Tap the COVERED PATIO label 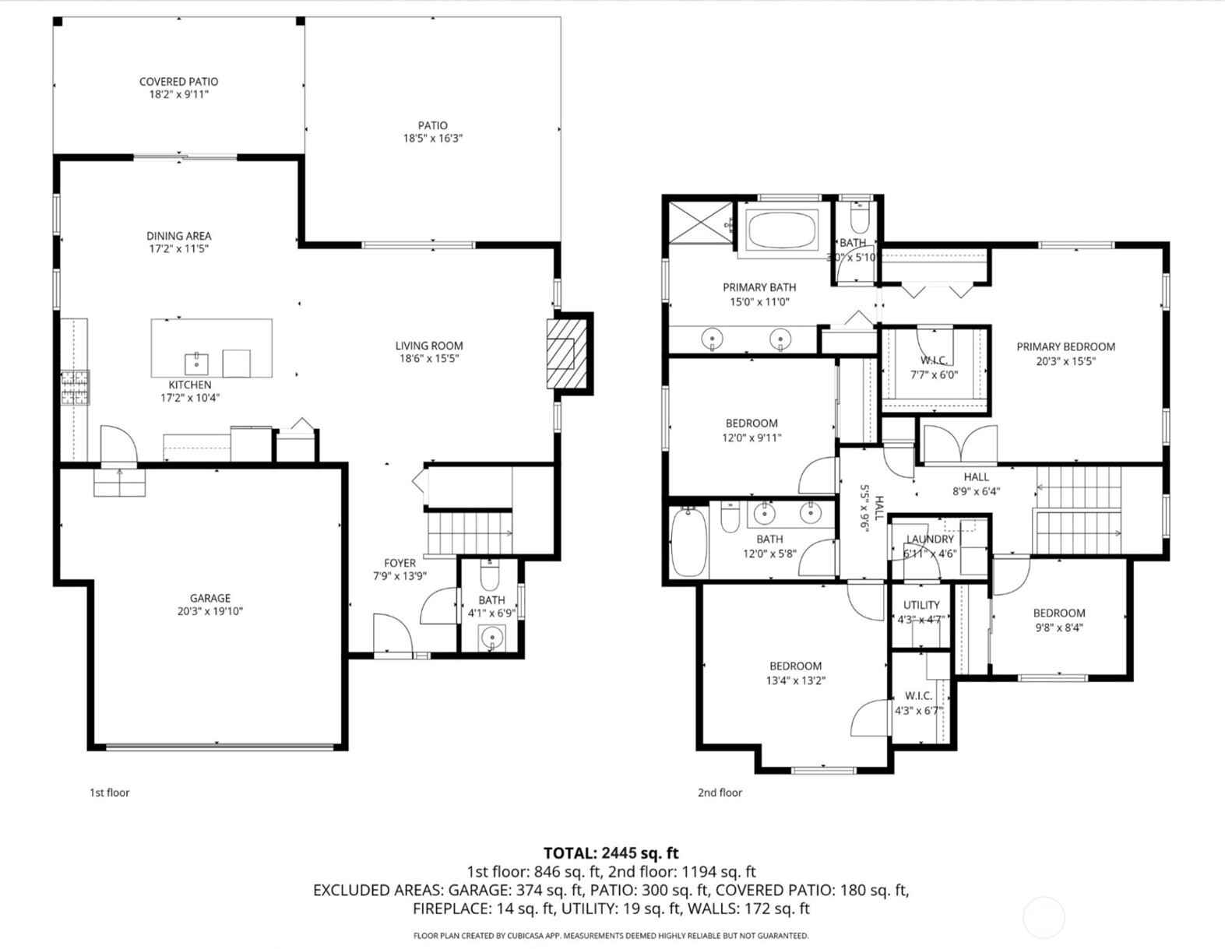point(178,82)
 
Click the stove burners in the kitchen point(76,387)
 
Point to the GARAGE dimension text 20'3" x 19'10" point(209,611)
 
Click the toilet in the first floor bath point(489,577)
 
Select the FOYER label point(400,563)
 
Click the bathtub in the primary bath point(782,230)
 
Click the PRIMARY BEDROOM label point(1065,346)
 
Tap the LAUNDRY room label point(930,539)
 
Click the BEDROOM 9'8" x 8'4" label point(1058,613)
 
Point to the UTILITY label point(921,605)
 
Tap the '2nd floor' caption point(720,793)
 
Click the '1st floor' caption point(109,793)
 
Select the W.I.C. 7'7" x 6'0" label point(933,360)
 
